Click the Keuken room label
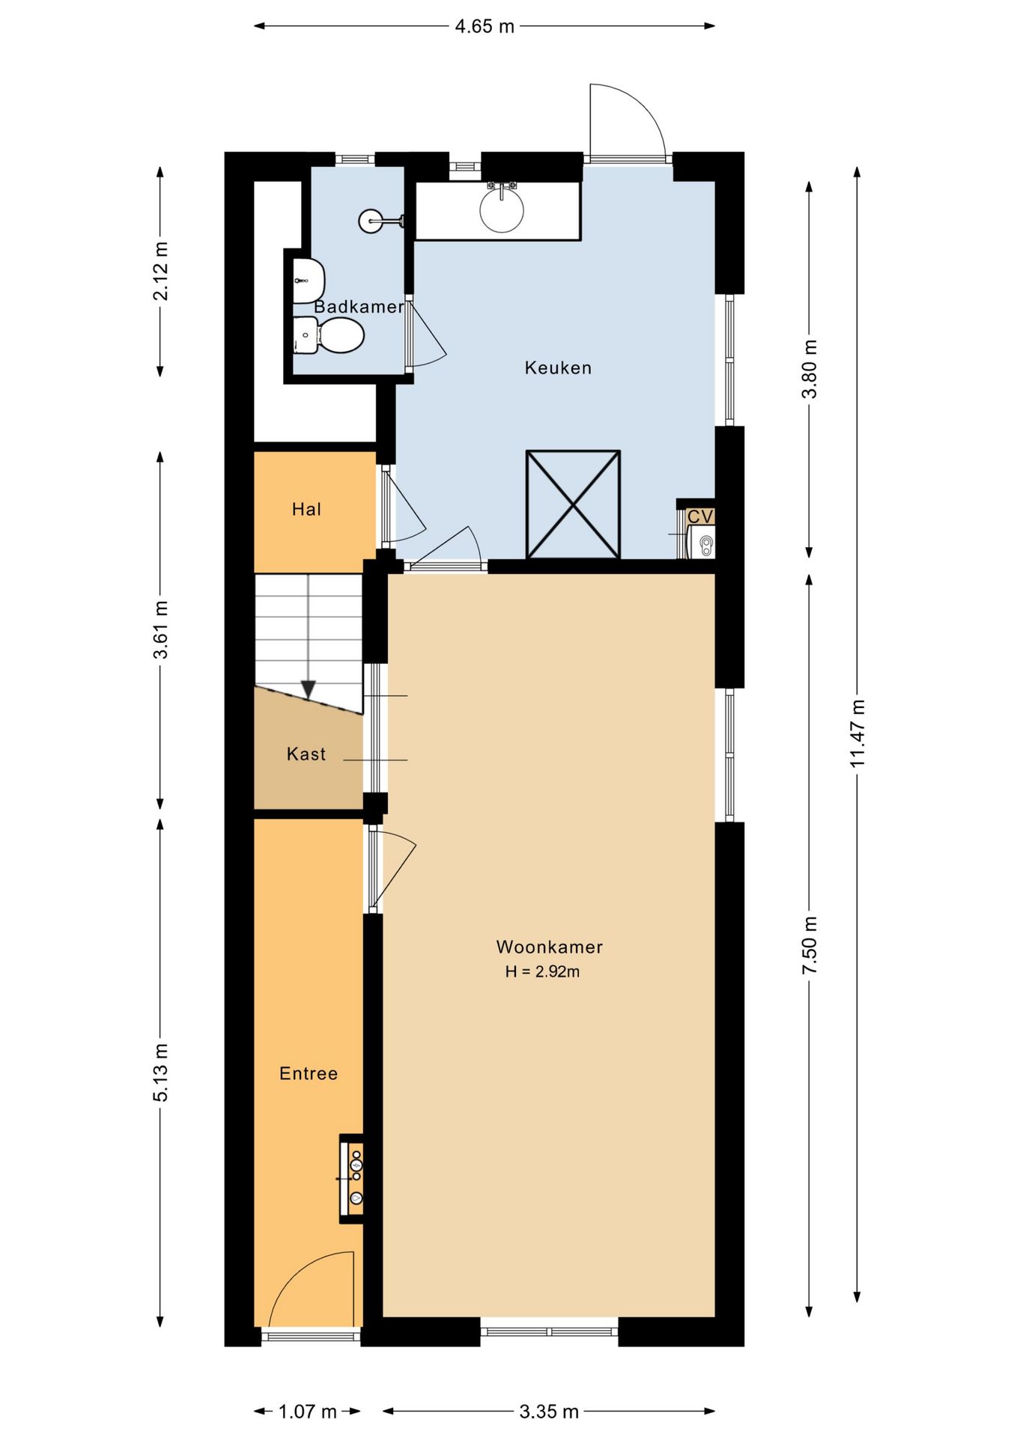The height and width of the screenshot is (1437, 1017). (558, 367)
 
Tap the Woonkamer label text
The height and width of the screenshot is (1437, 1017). (549, 947)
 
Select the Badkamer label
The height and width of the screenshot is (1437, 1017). (359, 306)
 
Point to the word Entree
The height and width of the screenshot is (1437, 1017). (309, 1073)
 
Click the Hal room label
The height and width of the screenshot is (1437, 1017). (306, 509)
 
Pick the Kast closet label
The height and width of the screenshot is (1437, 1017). (306, 754)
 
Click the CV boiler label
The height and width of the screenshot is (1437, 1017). (700, 516)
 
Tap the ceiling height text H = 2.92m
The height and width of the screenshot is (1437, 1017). (542, 971)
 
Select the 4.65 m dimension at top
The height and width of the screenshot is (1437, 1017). (485, 26)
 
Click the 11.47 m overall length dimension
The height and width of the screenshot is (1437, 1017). (857, 733)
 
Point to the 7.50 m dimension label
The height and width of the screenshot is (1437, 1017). (810, 945)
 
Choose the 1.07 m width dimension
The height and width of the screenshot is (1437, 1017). (307, 1412)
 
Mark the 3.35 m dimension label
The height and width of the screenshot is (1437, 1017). (549, 1412)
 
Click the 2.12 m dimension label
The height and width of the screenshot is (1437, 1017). (160, 271)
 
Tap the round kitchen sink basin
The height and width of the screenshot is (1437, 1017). (502, 209)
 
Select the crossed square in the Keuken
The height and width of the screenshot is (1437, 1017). (573, 504)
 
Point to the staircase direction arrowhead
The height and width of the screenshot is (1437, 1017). (308, 689)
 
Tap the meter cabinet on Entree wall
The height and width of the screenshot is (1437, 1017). (352, 1179)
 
